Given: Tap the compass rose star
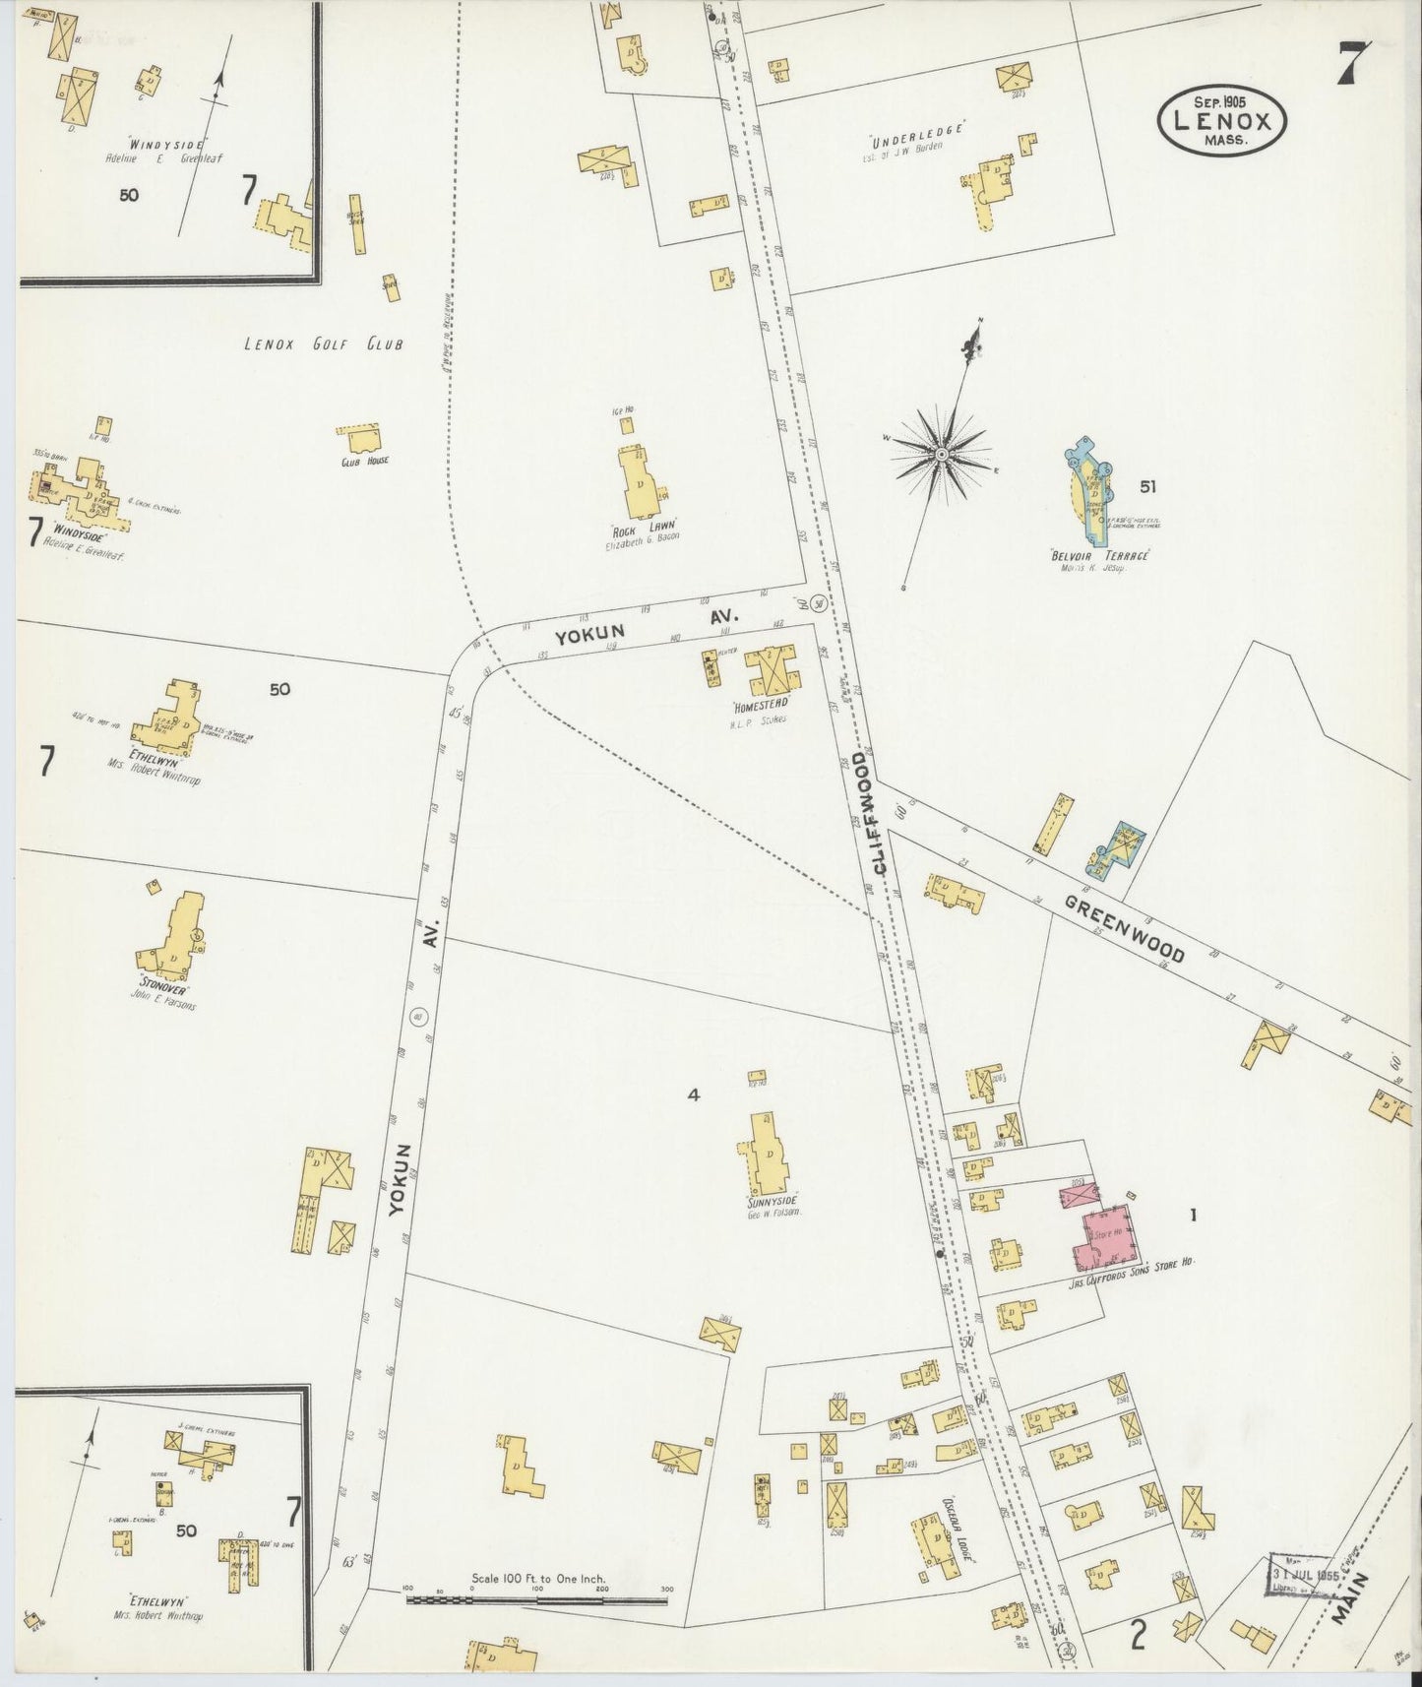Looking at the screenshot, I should [941, 454].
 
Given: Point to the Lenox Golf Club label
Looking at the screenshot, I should [325, 344].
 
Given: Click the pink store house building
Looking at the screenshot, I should [1107, 1237].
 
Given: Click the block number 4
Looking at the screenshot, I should [693, 1094].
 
